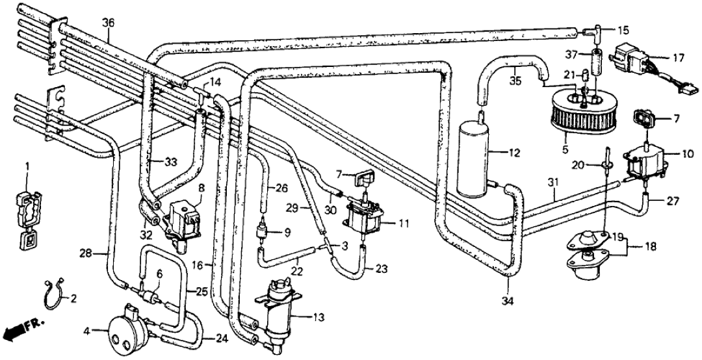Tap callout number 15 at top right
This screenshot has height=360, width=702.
623,30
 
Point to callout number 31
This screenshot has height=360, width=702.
553,192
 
